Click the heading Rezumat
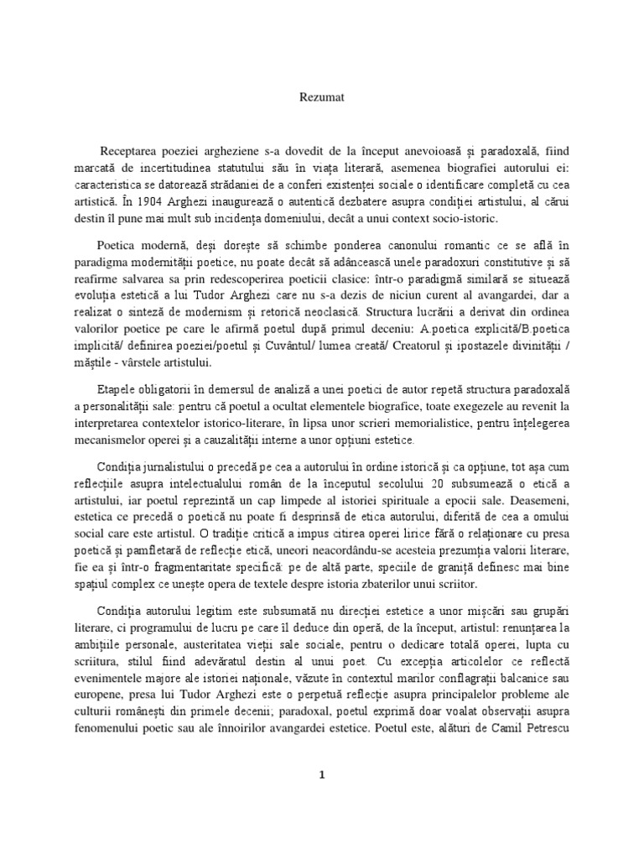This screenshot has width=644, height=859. tap(321, 97)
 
